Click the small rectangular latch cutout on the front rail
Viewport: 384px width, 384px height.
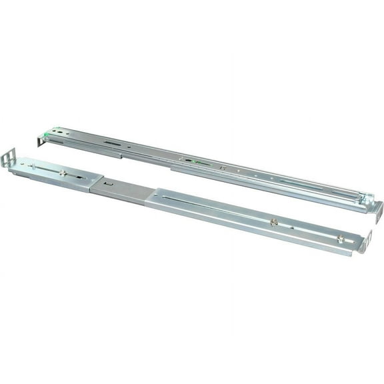pos(105,182)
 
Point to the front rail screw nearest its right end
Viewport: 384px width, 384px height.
pos(341,238)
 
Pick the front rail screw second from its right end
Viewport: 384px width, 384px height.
pos(274,222)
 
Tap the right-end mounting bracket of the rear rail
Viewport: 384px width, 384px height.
pos(377,211)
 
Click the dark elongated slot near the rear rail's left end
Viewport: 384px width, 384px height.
pos(112,143)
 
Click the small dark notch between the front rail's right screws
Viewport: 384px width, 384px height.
pos(294,227)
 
